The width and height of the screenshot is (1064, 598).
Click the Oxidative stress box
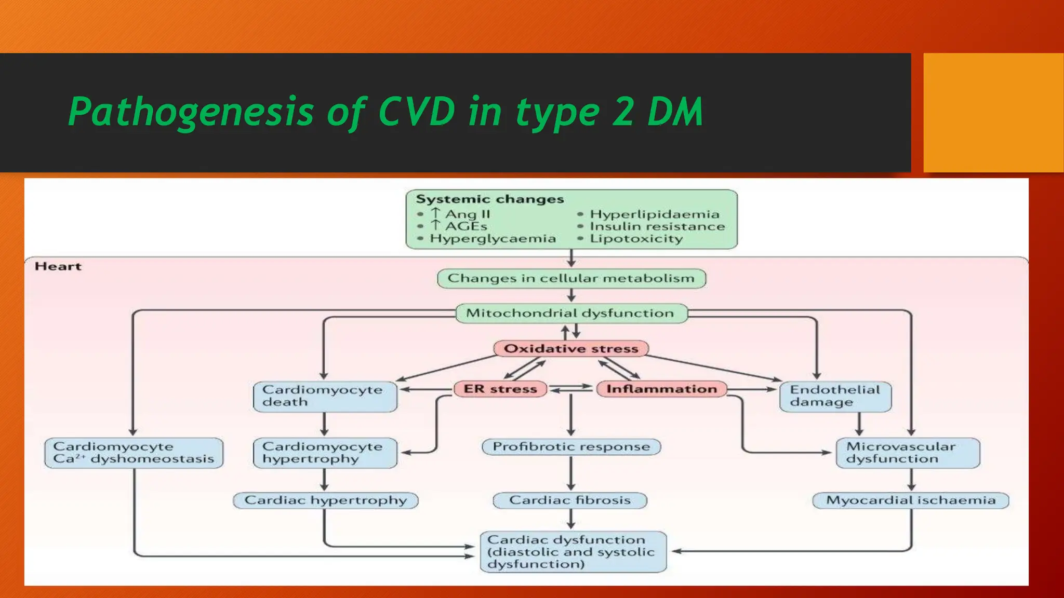(x=570, y=348)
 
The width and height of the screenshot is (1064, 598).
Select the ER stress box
(x=500, y=389)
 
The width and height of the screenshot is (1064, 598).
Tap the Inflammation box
(x=661, y=389)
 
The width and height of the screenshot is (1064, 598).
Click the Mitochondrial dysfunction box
(x=570, y=313)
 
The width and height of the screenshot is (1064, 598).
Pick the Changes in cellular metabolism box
(x=571, y=278)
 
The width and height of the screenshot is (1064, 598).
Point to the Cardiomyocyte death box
(x=325, y=396)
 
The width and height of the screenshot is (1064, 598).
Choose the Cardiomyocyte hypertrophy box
(x=325, y=453)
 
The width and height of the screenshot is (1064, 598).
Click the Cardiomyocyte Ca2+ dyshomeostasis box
(x=134, y=453)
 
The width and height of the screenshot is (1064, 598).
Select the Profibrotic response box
(x=571, y=446)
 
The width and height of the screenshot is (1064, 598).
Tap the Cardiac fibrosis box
(x=570, y=500)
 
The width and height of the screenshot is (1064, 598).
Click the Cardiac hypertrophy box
(x=325, y=500)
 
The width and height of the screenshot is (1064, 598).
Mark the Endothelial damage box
(x=835, y=396)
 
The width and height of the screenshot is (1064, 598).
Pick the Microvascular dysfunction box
(x=907, y=453)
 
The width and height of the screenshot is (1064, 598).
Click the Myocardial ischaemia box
(x=910, y=500)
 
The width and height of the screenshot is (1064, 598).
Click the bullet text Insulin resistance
(x=657, y=226)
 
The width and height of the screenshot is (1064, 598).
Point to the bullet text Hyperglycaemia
(x=493, y=239)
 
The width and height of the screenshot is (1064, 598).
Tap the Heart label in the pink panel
(x=58, y=266)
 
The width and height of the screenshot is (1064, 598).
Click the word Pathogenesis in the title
(x=191, y=112)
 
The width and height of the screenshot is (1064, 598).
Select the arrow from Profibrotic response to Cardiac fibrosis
(x=571, y=473)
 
